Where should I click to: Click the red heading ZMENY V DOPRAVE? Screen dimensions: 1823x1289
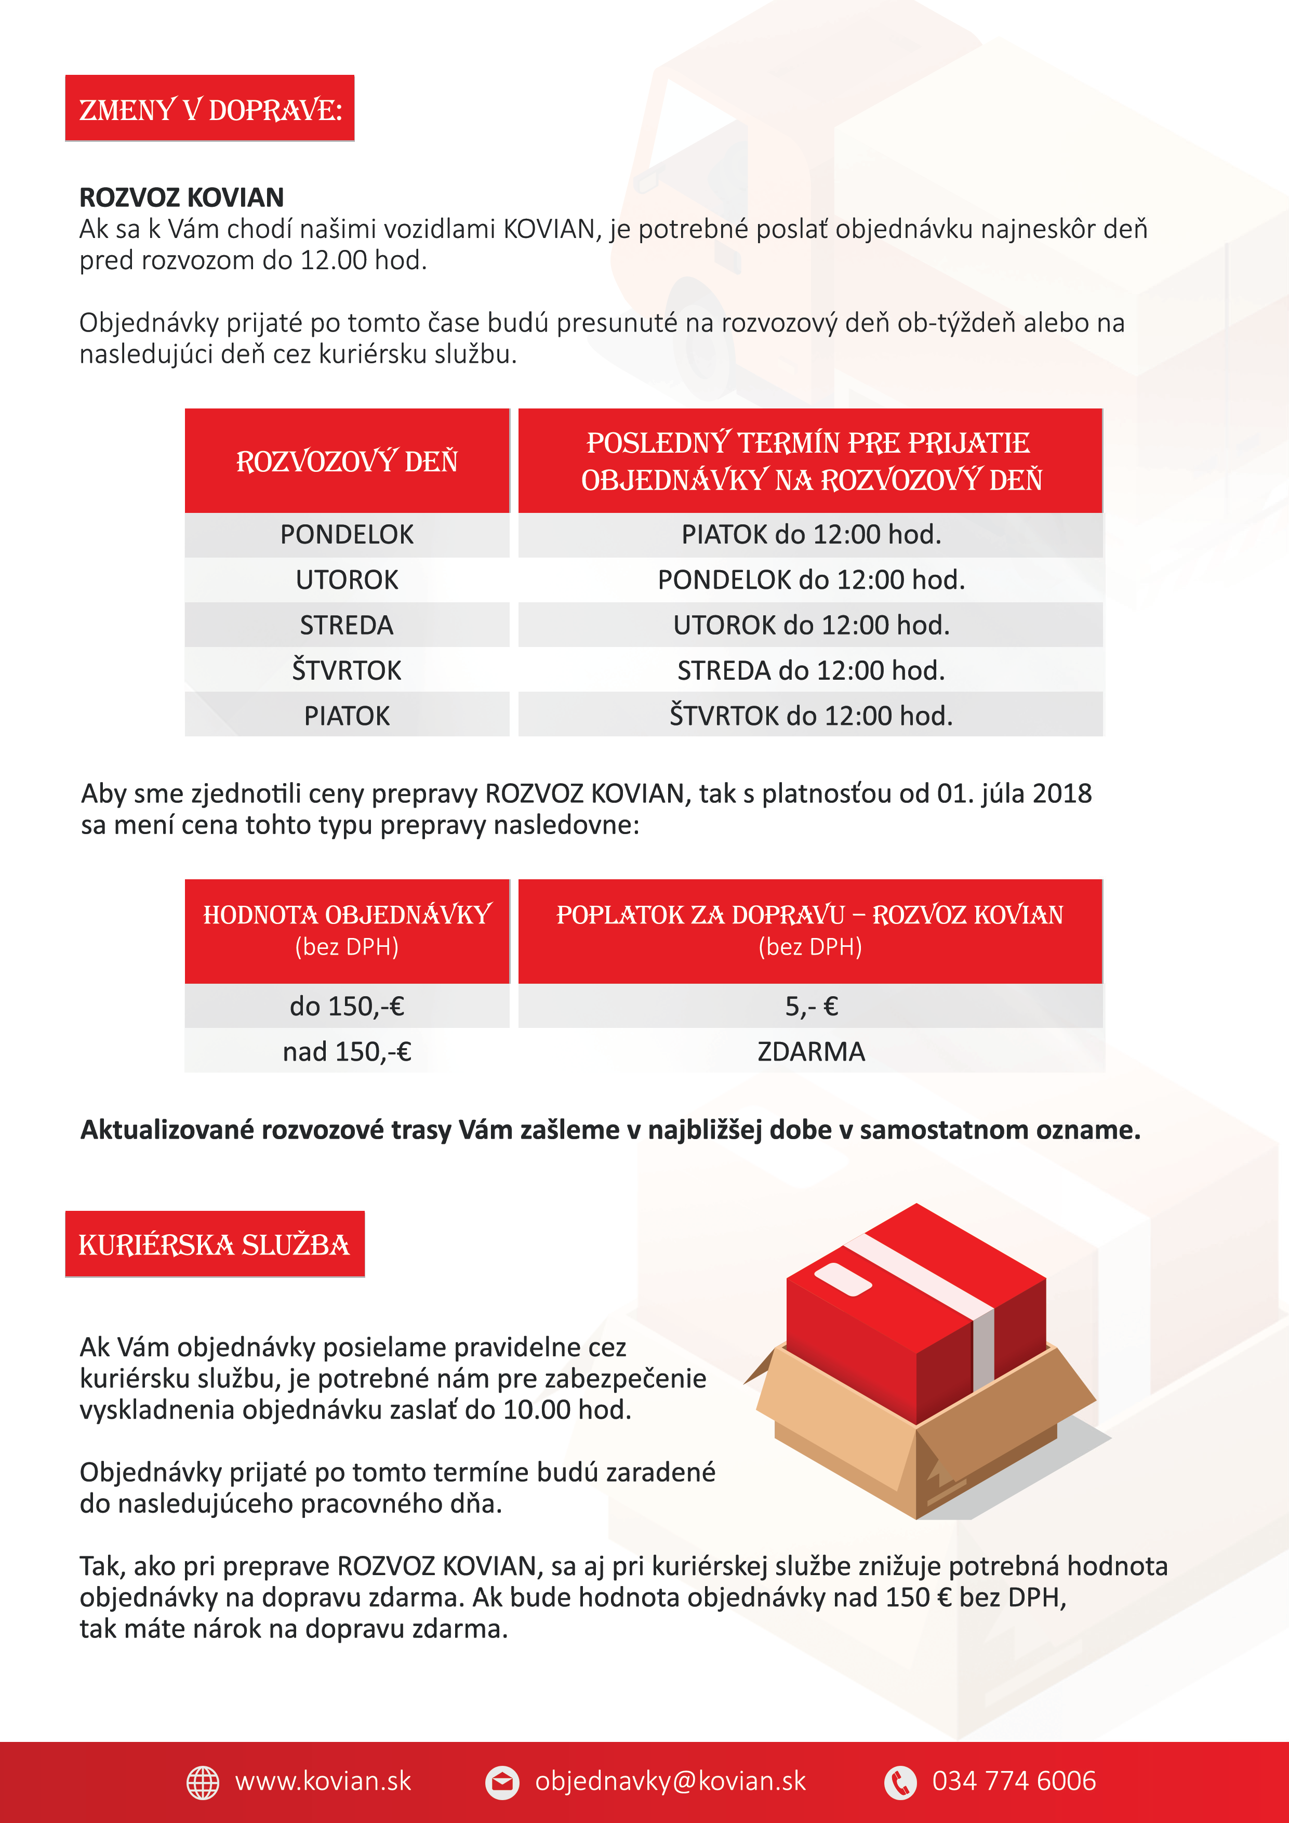coord(209,109)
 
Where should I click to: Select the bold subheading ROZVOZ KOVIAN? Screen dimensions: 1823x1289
coord(181,197)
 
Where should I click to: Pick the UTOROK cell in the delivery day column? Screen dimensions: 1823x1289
coord(347,579)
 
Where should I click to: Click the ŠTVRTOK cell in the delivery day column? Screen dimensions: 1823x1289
coord(347,670)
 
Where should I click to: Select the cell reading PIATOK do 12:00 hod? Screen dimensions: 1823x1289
coord(810,534)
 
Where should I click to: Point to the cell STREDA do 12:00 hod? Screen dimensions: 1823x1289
coord(810,670)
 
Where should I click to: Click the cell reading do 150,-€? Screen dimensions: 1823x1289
coord(347,1006)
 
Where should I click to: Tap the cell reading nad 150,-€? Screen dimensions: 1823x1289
coord(347,1051)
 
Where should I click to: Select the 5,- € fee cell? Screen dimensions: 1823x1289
coord(810,1006)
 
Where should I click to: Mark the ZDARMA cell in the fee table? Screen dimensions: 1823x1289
coord(810,1051)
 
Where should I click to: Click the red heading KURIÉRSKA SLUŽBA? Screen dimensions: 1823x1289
coord(214,1244)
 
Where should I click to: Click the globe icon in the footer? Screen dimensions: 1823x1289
coord(203,1782)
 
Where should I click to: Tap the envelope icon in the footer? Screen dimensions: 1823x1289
coord(502,1782)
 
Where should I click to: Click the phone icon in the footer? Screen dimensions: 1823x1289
coord(900,1782)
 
